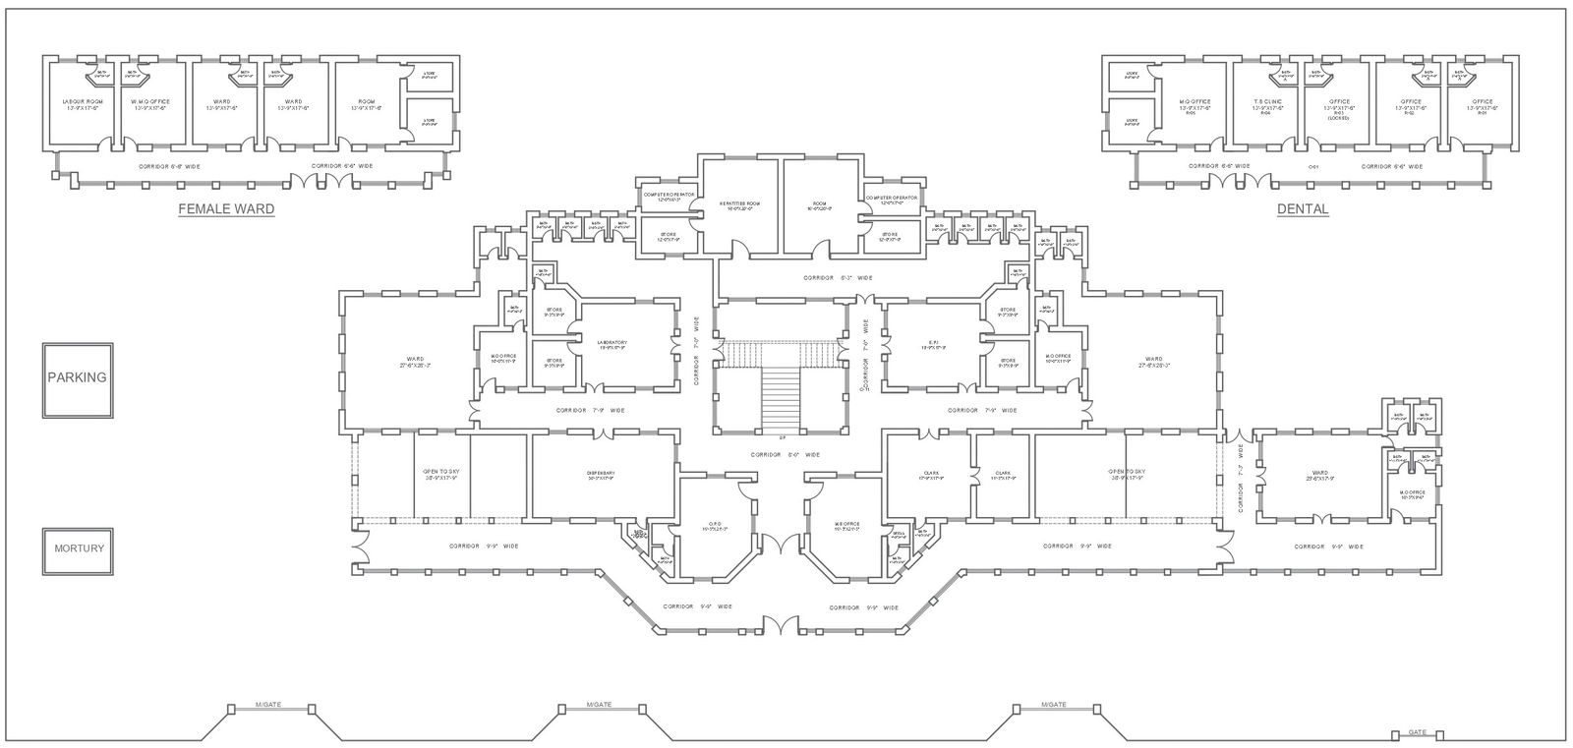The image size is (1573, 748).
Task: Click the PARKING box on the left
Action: pyautogui.click(x=78, y=378)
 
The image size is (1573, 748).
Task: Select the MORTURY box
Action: pyautogui.click(x=79, y=549)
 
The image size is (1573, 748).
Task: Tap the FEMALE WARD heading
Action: pyautogui.click(x=225, y=209)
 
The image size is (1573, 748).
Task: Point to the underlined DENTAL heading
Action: pyautogui.click(x=1303, y=209)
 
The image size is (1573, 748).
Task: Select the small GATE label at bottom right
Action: pyautogui.click(x=1417, y=732)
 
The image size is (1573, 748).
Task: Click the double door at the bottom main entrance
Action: pyautogui.click(x=782, y=624)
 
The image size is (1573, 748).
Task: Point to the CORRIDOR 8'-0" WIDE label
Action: pyautogui.click(x=785, y=455)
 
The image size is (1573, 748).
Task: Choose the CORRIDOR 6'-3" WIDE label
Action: pyautogui.click(x=838, y=278)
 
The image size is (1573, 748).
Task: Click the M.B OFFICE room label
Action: pyautogui.click(x=846, y=526)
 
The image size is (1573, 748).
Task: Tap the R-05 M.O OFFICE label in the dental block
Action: pyautogui.click(x=1194, y=104)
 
